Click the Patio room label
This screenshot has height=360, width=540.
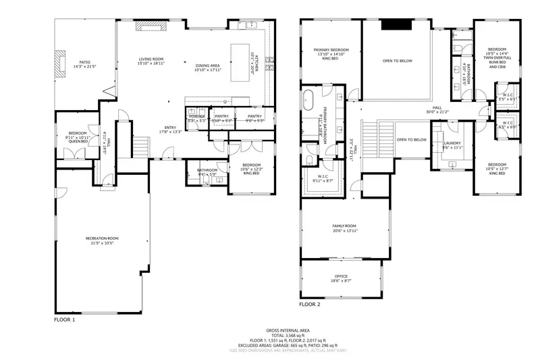85,63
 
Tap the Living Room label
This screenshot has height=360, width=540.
151,61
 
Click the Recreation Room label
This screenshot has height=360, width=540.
102,240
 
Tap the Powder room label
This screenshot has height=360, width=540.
196,118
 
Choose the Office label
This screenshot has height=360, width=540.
342,278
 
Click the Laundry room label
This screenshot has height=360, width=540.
452,145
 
